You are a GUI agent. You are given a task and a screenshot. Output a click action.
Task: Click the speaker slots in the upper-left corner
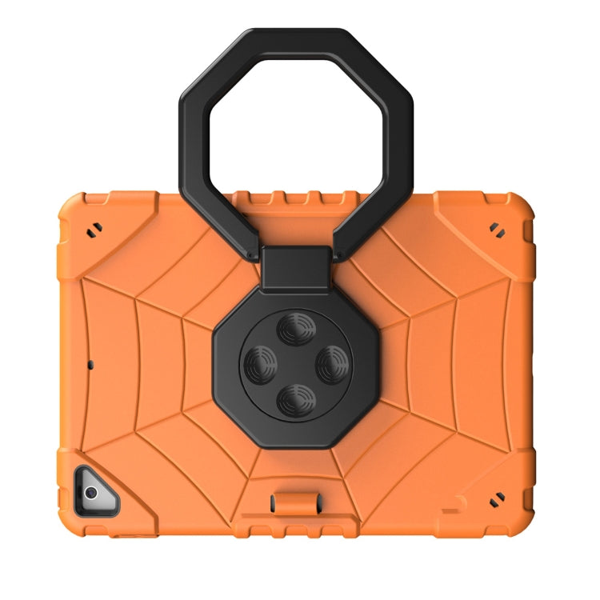pos(93,230)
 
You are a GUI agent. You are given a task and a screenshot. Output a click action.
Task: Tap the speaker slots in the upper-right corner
pos(499,230)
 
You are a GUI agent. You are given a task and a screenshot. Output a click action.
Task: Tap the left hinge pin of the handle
pos(253,254)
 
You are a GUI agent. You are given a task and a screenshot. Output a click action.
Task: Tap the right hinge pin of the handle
pos(338,254)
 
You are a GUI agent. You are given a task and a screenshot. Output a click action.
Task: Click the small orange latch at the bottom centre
pos(289,503)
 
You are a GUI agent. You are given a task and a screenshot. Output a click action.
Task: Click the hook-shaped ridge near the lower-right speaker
pos(456,503)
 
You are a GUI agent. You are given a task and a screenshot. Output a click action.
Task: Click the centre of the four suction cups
pos(294,364)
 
